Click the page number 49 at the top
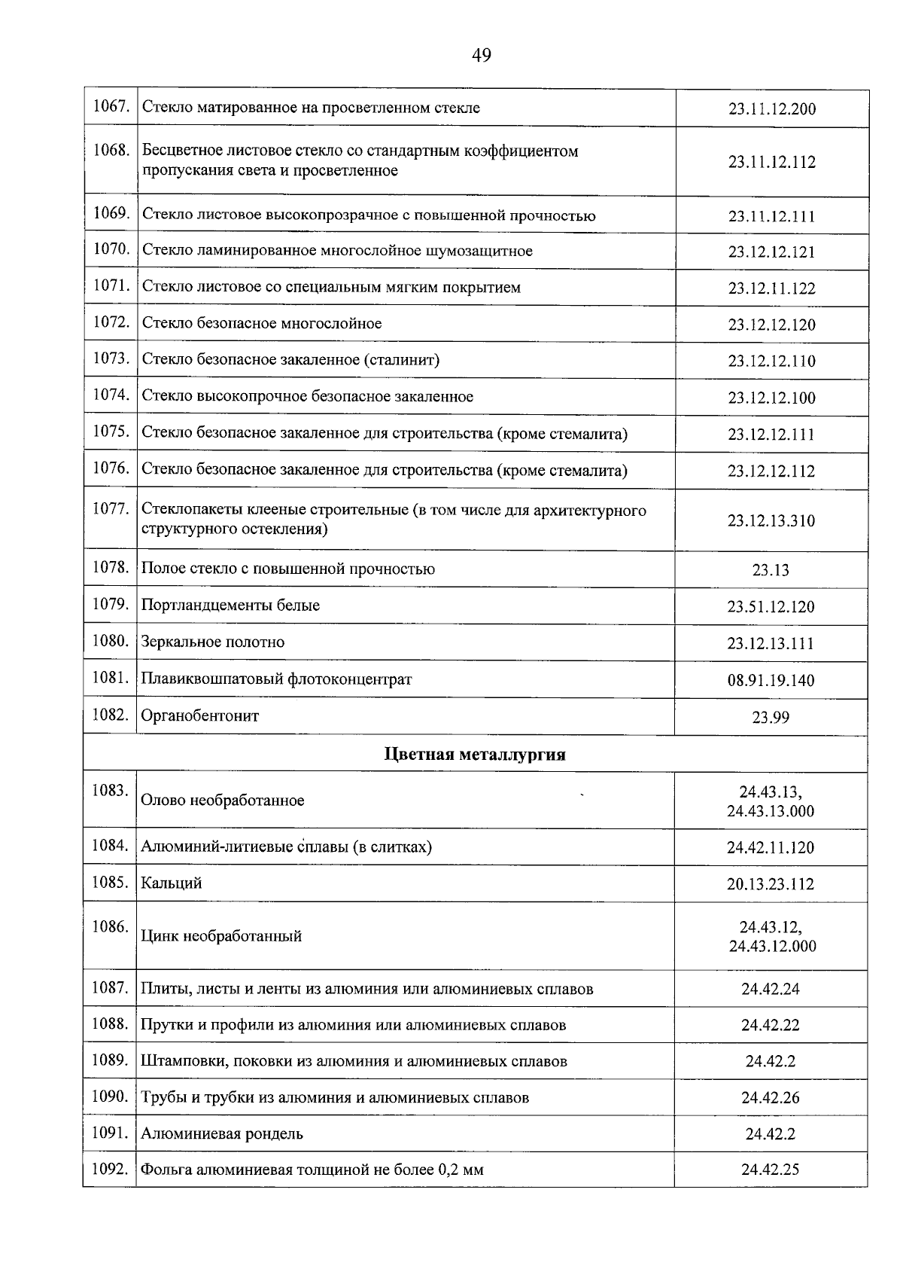tap(482, 55)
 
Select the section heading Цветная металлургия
tap(475, 755)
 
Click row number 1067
tap(111, 107)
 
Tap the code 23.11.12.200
tap(771, 109)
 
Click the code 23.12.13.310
tap(771, 521)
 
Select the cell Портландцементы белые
tap(230, 605)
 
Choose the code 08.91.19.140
tap(771, 681)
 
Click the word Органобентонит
tap(200, 716)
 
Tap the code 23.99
tap(771, 718)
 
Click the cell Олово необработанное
tap(223, 801)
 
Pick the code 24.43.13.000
tap(771, 812)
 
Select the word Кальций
tap(172, 883)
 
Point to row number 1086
tap(111, 927)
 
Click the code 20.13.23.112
tap(771, 884)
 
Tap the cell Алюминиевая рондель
tap(222, 1134)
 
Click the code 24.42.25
tap(771, 1170)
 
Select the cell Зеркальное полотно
tap(213, 642)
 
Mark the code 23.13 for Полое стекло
tap(771, 570)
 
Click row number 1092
tap(111, 1170)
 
